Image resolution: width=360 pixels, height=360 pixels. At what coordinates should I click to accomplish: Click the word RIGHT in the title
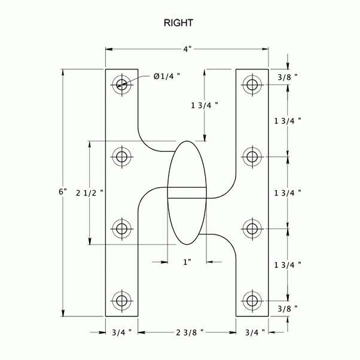(x=179, y=24)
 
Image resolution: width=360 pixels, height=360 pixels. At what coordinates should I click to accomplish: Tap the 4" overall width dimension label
(x=187, y=49)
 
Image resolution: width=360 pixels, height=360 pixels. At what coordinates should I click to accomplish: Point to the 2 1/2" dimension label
(x=90, y=193)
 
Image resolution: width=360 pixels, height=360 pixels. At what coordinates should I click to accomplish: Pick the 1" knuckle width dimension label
(x=187, y=262)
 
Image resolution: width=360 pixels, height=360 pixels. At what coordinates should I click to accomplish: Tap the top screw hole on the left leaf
(x=122, y=84)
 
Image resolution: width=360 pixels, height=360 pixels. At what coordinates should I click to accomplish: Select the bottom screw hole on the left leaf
(x=122, y=299)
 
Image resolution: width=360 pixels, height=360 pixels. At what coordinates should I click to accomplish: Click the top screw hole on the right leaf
(x=252, y=84)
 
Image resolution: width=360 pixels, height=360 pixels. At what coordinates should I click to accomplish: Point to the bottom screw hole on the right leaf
(x=252, y=299)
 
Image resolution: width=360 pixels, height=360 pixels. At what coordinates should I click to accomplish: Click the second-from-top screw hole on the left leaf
(x=122, y=157)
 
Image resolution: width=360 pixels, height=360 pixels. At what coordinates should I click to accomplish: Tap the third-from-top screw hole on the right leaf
(x=252, y=228)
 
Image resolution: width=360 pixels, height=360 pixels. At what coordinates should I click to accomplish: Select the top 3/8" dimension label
(x=288, y=77)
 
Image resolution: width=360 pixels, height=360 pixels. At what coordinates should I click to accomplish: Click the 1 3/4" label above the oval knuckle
(x=205, y=105)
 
